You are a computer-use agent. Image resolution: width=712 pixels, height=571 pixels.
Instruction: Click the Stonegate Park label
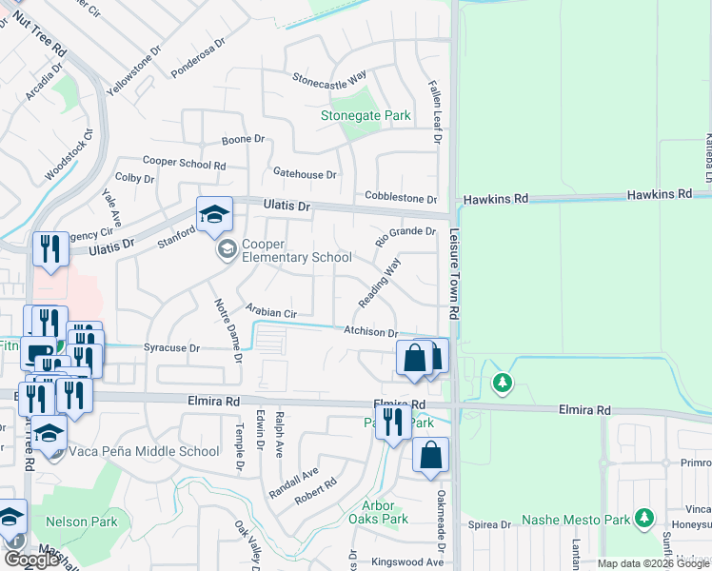(x=366, y=116)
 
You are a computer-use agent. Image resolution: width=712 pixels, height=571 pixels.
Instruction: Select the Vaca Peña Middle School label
(x=146, y=451)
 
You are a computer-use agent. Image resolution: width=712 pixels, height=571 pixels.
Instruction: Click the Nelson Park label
(x=86, y=522)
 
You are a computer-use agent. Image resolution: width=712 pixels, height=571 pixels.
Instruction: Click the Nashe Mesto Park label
(x=577, y=521)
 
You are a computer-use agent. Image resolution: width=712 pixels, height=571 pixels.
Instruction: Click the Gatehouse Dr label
(x=305, y=174)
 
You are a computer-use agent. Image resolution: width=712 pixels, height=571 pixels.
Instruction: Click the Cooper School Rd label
(x=185, y=164)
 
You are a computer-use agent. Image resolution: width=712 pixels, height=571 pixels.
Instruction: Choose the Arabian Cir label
(x=271, y=311)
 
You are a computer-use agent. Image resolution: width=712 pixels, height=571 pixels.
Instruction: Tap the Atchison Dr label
(x=370, y=332)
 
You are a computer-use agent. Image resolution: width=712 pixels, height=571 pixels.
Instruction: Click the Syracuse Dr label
(x=171, y=348)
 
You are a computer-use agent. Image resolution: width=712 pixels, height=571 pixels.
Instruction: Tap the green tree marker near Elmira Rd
(x=502, y=383)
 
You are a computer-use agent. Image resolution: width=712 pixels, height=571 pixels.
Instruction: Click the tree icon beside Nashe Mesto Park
(x=645, y=519)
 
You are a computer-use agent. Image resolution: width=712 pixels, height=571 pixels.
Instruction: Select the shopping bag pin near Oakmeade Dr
(x=430, y=456)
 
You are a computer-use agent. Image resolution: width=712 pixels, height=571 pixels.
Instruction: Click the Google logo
(x=31, y=561)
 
